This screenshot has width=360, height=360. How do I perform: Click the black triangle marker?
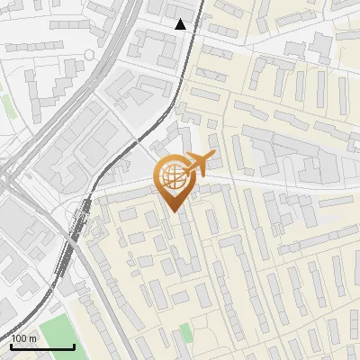coord(181,24)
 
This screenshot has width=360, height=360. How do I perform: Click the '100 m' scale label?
coord(24,337)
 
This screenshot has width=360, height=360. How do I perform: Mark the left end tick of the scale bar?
coord(11,345)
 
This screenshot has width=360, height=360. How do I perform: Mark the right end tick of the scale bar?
coord(74,345)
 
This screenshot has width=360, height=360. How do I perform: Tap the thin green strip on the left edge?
coord(7,103)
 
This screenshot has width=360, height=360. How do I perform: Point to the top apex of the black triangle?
coord(181,19)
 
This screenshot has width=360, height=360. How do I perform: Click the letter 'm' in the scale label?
coord(32,337)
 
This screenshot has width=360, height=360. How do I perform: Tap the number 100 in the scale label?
coord(20,337)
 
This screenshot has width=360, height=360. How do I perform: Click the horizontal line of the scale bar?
coord(42,346)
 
